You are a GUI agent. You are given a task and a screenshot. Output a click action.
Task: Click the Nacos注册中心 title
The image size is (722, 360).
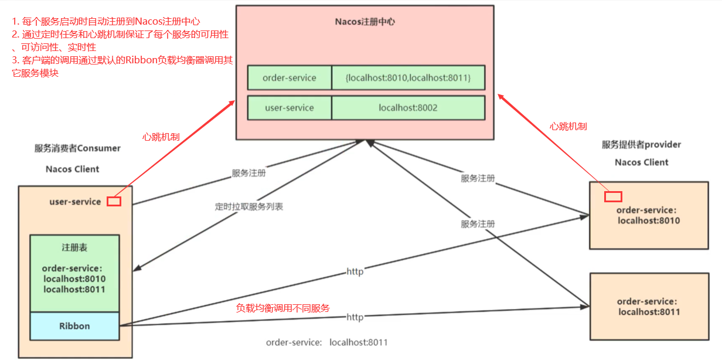pos(365,22)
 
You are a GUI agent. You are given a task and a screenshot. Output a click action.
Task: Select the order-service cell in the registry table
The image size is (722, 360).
pos(290,77)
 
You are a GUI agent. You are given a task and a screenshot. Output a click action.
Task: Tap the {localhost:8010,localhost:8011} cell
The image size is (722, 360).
pos(408,77)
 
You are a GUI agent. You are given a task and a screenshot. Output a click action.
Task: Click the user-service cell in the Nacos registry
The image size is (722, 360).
pos(290,108)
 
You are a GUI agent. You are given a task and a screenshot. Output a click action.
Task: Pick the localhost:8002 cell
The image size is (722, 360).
pos(408,108)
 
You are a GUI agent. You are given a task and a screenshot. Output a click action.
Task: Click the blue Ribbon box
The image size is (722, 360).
pos(74,326)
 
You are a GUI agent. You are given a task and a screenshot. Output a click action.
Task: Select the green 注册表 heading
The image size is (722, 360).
pos(74,248)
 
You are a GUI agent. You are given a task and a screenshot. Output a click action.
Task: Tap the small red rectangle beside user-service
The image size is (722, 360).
pos(114,201)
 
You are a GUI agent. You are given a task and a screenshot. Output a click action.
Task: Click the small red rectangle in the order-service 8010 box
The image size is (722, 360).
pos(613,196)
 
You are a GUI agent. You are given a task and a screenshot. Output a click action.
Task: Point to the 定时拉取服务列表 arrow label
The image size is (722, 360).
pos(249,207)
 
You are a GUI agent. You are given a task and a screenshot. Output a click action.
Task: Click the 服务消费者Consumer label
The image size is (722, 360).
pos(77,148)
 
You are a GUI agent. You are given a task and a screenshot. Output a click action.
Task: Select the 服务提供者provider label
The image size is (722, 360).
pos(641,144)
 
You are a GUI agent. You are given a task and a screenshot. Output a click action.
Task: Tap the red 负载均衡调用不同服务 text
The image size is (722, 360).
pos(283,308)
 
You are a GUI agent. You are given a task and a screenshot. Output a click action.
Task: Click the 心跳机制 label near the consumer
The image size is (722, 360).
pos(161,137)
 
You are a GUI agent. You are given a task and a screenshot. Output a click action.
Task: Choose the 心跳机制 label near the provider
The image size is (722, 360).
pos(568,126)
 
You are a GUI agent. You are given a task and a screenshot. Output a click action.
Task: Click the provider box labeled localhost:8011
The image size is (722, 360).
pos(649,307)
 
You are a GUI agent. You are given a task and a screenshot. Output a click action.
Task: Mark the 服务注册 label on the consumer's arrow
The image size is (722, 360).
pos(248,173)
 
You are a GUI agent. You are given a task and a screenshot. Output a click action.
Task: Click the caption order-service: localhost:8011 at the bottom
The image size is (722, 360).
pos(326,342)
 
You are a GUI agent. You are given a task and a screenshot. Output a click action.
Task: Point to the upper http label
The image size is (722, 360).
pos(355,271)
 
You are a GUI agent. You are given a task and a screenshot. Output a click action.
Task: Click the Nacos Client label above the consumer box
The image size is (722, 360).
pos(73,169)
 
